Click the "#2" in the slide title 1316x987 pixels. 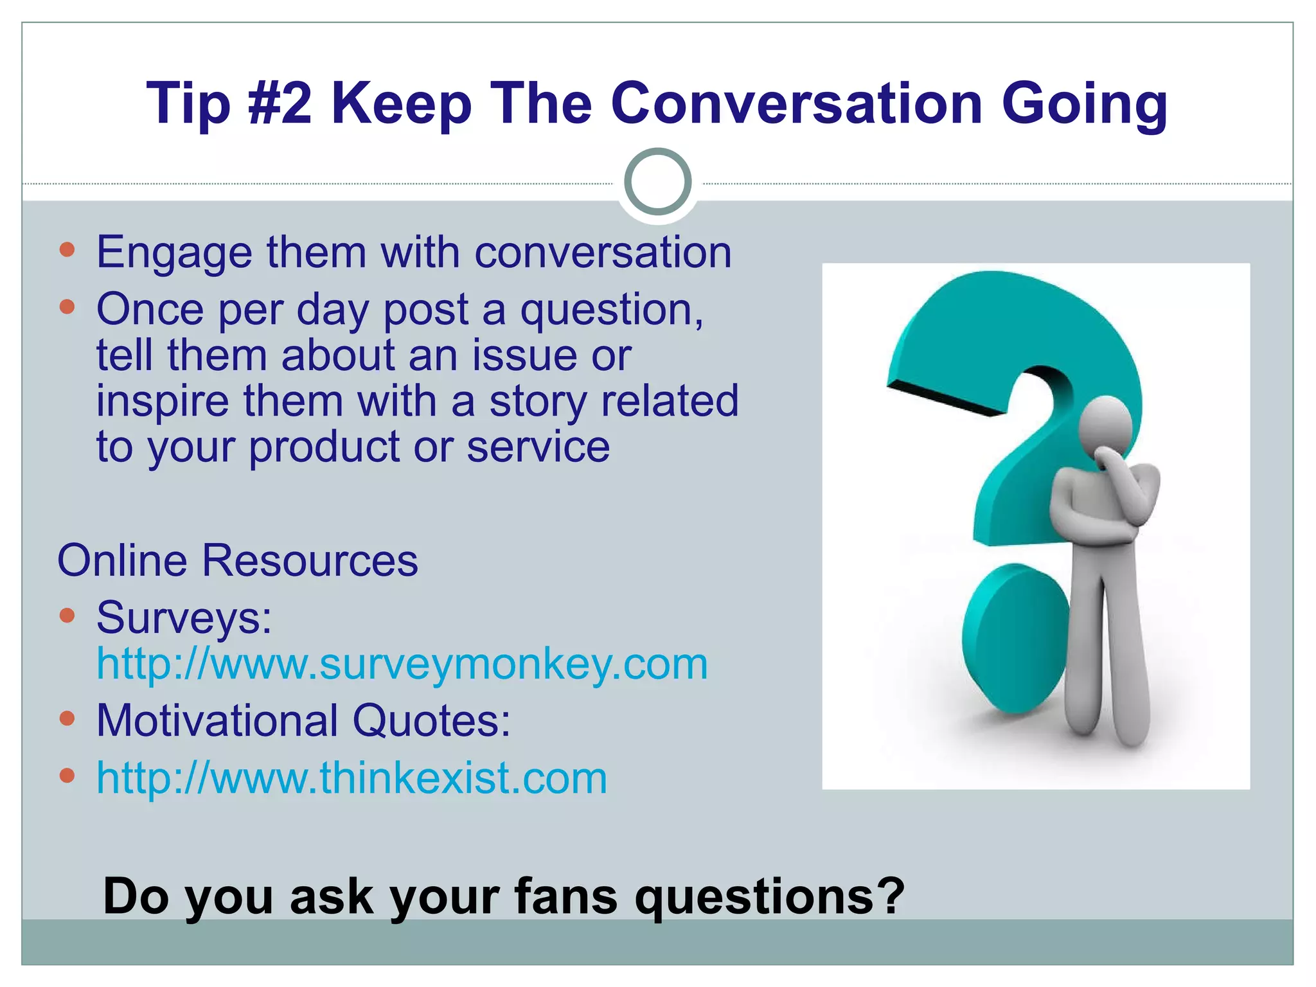[280, 103]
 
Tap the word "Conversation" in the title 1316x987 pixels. [796, 103]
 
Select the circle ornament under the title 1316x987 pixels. [657, 182]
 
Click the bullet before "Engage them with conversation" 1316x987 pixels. [67, 249]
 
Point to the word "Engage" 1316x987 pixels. [174, 253]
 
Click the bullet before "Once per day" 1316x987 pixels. [67, 307]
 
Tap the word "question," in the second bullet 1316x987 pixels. [612, 310]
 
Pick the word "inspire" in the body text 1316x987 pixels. [163, 402]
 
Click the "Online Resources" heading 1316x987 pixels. [238, 560]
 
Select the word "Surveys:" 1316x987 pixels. [184, 618]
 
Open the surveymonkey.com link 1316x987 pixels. [402, 664]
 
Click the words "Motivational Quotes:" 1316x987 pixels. [303, 720]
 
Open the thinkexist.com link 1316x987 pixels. [351, 778]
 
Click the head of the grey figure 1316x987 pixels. [1106, 425]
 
